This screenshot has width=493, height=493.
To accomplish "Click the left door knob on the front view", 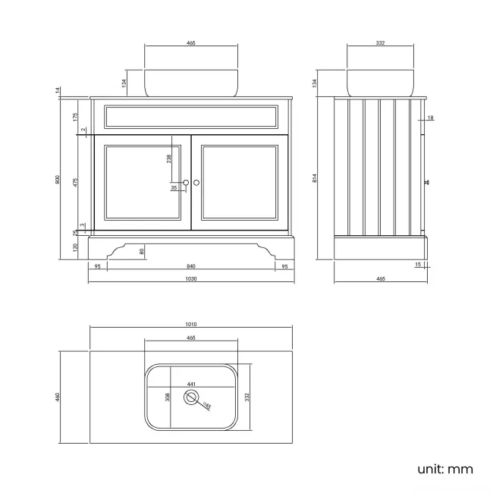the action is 186,183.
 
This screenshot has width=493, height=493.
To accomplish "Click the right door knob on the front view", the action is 196,183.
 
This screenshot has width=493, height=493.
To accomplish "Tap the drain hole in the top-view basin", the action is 191,397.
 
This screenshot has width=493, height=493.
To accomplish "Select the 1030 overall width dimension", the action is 191,278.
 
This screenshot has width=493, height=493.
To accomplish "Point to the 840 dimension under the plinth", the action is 191,266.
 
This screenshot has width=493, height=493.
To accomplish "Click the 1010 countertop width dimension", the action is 191,324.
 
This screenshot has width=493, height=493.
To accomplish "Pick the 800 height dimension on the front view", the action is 57,180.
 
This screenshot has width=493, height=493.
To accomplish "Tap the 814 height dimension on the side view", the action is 315,178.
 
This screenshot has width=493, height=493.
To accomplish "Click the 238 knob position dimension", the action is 169,159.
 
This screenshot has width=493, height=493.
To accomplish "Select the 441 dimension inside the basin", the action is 191,384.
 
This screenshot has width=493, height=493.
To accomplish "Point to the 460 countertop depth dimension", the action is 57,397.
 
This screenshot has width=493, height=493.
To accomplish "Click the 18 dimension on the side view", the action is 431,118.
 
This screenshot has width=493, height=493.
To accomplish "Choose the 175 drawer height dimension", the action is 75,118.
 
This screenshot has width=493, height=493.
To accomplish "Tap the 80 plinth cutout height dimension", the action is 142,252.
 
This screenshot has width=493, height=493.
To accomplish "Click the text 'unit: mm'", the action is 445,469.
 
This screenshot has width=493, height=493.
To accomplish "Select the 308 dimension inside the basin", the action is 168,397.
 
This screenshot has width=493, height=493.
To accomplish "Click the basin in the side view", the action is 381,83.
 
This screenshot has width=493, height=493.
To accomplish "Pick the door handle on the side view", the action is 426,182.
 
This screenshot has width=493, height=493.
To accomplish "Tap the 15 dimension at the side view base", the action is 418,265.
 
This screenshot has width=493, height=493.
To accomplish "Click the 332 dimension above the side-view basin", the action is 381,42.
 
